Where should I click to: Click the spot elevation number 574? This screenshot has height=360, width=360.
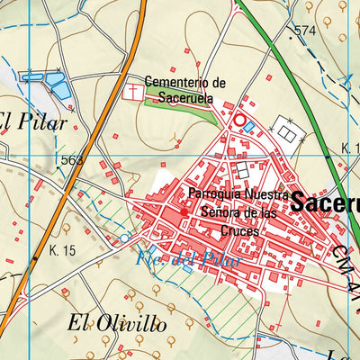pos(305,31)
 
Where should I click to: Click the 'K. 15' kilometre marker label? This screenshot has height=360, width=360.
pos(63,250)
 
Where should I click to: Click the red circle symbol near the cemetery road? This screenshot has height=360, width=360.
pos(239,119)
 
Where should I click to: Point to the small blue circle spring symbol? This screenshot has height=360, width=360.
pos(124,238)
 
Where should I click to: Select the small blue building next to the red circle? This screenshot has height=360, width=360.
pos(248,128)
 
